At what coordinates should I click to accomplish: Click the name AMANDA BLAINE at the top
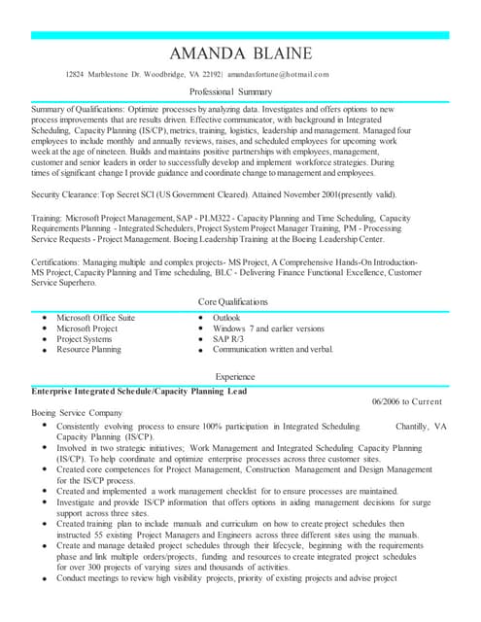point(240,52)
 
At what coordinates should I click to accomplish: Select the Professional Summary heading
point(240,90)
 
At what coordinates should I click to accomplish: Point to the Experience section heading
point(240,376)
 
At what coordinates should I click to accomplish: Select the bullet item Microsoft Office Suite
point(95,318)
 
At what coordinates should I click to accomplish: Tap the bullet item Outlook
point(226,318)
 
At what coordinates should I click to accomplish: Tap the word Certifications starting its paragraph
point(61,262)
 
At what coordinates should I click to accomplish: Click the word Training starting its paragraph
point(51,219)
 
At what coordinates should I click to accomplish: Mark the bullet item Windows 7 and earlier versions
point(268,328)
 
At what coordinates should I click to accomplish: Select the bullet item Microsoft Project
point(86,328)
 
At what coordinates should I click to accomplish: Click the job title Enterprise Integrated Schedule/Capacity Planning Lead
point(139,391)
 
